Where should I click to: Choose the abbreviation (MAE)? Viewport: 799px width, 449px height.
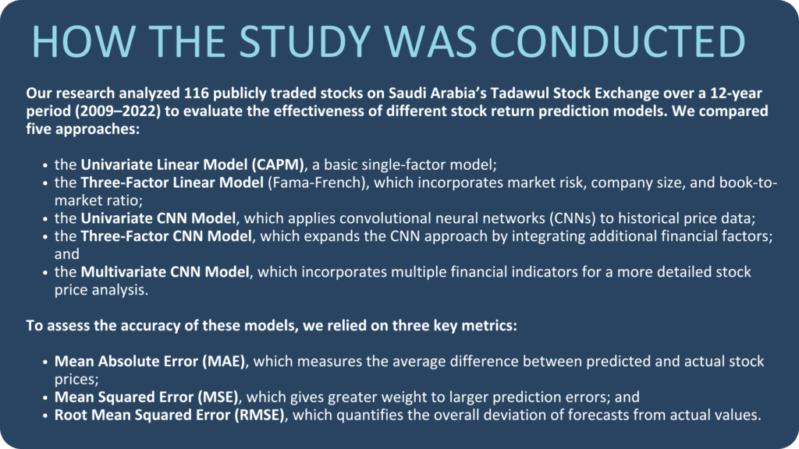point(224,361)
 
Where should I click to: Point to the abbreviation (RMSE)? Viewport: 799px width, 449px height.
point(259,415)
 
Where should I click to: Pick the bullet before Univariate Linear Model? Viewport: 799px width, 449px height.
point(45,165)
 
